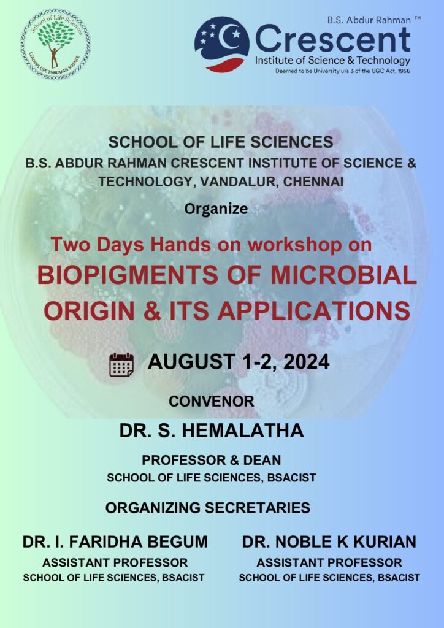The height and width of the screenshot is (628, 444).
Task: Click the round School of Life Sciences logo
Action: (x=56, y=44)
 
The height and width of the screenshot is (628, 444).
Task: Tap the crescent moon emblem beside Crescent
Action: (x=222, y=44)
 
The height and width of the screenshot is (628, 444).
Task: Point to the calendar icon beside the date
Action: (x=121, y=364)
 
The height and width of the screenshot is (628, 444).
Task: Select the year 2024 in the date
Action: (x=306, y=362)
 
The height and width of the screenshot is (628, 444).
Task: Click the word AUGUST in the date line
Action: (x=191, y=362)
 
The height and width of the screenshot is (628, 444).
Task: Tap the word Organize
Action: (x=216, y=210)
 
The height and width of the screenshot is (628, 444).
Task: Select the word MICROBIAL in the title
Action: (x=344, y=275)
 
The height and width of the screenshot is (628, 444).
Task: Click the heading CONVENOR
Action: (x=212, y=401)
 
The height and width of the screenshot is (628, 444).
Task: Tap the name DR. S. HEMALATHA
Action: (x=212, y=431)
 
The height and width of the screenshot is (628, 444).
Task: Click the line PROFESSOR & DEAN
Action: (x=212, y=460)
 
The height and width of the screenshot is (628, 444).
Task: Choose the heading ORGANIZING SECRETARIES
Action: (x=208, y=508)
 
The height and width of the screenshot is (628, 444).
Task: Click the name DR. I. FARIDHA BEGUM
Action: (x=115, y=542)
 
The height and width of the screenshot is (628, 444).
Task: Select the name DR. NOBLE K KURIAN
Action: (x=329, y=542)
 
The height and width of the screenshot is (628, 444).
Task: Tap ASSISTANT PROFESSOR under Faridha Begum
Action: (x=115, y=563)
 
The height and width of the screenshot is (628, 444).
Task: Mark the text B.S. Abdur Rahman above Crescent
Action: (x=369, y=20)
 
